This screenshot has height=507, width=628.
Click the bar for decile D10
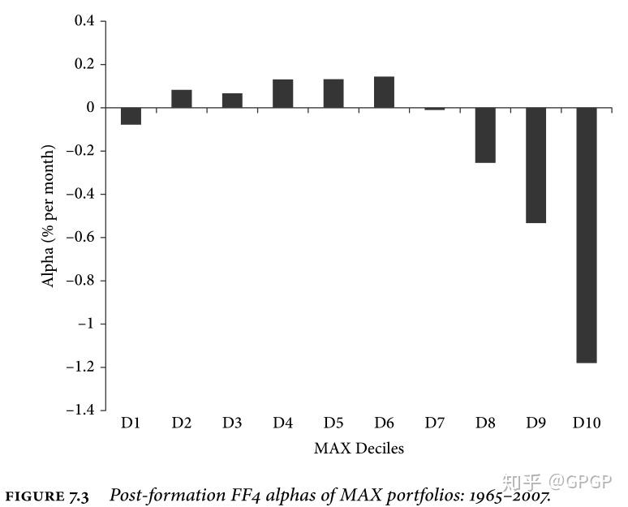click(x=587, y=235)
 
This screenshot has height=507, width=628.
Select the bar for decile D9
click(x=536, y=165)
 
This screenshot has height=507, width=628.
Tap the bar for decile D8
click(x=485, y=135)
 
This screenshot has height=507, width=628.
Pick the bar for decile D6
click(x=384, y=92)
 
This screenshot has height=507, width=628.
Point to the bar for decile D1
click(x=131, y=116)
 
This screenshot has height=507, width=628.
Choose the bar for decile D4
click(x=282, y=94)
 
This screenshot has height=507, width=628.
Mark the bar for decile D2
click(x=181, y=99)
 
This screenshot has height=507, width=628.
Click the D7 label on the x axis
click(x=434, y=423)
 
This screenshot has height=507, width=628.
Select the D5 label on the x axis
click(x=333, y=423)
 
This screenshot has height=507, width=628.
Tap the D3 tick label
click(x=232, y=423)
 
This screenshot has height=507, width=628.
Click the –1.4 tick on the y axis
click(x=80, y=410)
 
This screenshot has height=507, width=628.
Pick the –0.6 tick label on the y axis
click(x=80, y=238)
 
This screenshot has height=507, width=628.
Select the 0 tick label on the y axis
click(x=91, y=108)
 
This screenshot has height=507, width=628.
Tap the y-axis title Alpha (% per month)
click(x=49, y=216)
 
